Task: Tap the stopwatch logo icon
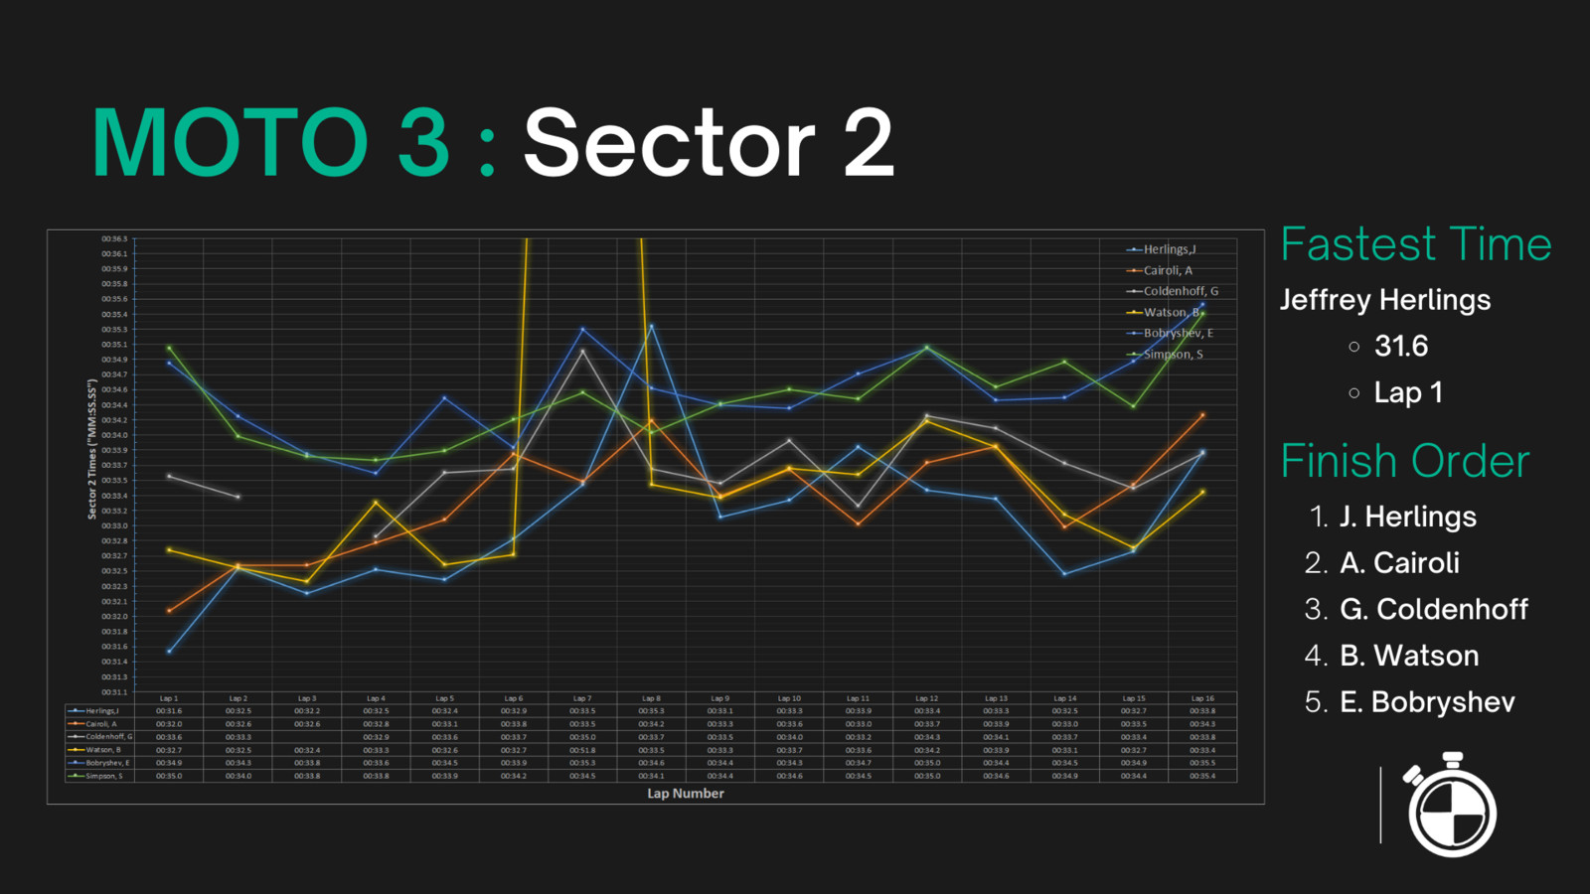pos(1451,806)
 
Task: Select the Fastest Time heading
pos(1415,244)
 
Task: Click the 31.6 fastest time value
pos(1400,347)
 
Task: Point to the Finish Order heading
pos(1404,461)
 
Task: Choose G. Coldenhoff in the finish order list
pos(1433,609)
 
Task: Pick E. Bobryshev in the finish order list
pos(1427,702)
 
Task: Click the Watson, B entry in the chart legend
pos(1171,312)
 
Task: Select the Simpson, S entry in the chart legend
pos(1173,355)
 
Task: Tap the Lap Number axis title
pos(685,794)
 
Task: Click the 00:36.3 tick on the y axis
pos(113,239)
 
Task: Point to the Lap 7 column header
pos(582,698)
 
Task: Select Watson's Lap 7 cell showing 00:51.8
pos(582,750)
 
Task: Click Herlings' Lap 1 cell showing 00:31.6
pos(169,711)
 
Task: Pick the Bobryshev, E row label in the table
pos(106,763)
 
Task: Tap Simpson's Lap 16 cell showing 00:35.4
pos(1202,776)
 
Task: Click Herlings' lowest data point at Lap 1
pos(170,652)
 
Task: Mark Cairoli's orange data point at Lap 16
pos(1202,415)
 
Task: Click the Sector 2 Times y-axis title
pos(91,449)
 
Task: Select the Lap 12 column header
pos(926,698)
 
